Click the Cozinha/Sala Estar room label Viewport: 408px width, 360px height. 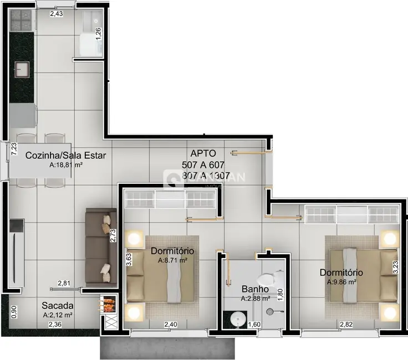coord(65,155)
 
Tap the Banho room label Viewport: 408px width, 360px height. coord(255,289)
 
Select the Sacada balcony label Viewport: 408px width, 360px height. coord(58,305)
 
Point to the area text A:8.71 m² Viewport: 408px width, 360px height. coord(172,260)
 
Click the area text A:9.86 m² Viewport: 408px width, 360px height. coord(341,282)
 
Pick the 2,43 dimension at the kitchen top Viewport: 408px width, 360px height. coord(56,14)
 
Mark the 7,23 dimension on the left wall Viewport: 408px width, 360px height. coord(14,149)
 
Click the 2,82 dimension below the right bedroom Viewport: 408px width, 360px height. coord(346,325)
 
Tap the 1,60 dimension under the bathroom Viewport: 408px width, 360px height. coord(254,325)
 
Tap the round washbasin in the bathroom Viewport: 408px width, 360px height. coord(237,319)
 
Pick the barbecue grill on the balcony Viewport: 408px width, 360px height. coord(108,304)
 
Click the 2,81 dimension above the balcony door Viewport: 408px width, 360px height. coord(64,284)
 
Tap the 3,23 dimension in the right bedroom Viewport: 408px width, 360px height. coord(395,267)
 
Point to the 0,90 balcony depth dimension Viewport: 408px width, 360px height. coord(14,312)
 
